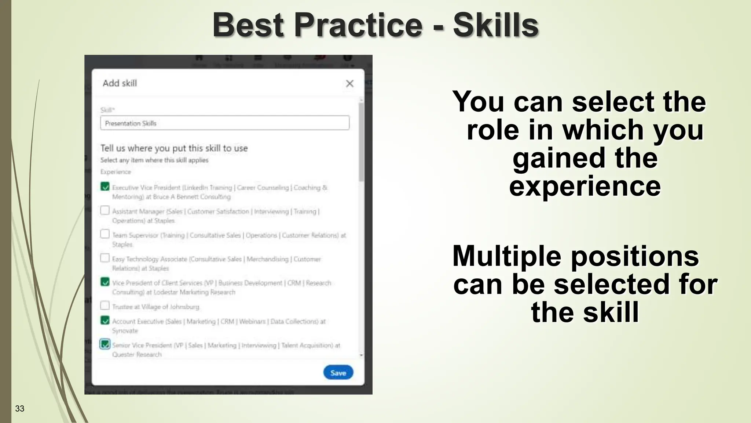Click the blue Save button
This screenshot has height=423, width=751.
[x=338, y=372]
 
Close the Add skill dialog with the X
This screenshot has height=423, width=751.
[x=349, y=84]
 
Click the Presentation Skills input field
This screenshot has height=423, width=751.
[x=224, y=123]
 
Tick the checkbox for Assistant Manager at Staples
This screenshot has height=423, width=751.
[x=105, y=210]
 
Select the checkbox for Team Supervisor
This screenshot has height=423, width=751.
[x=105, y=234]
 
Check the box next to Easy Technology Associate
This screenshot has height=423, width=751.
[x=105, y=258]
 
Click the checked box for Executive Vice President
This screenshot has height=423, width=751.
[x=105, y=187]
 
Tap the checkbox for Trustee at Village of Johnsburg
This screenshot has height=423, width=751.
[x=105, y=305]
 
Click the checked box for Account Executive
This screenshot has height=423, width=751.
[x=105, y=320]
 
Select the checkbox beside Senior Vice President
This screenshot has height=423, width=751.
[x=105, y=344]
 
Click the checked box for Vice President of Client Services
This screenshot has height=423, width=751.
[x=105, y=282]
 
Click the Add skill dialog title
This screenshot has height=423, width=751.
[x=120, y=83]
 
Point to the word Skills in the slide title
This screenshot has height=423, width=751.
[x=495, y=25]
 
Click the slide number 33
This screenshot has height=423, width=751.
[x=20, y=409]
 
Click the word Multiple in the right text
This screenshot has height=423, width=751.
[x=506, y=256]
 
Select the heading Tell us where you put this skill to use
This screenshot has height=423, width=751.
[x=174, y=148]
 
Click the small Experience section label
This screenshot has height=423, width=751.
[x=116, y=172]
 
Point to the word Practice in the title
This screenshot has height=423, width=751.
[x=358, y=25]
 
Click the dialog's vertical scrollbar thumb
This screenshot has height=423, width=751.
[x=361, y=141]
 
